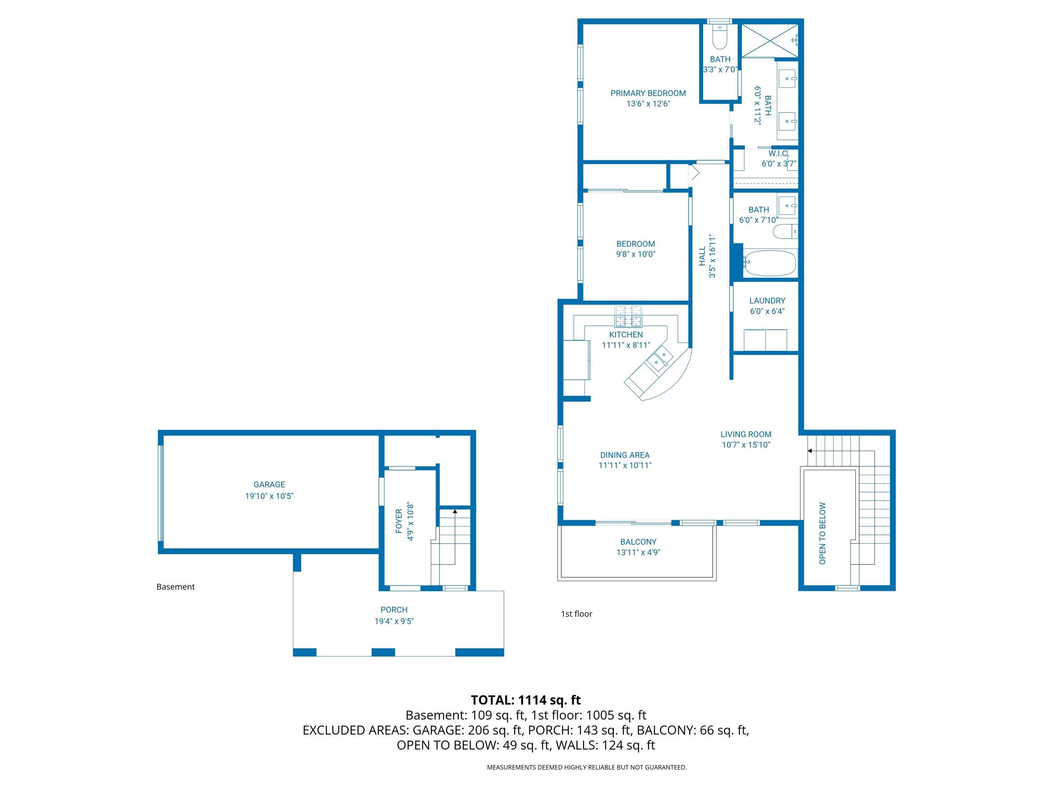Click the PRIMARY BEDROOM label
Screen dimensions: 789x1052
click(x=648, y=93)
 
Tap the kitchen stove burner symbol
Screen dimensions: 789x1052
click(x=628, y=316)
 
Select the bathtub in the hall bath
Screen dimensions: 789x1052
click(x=770, y=263)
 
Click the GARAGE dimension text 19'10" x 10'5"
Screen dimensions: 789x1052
click(x=269, y=496)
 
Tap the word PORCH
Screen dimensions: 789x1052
click(x=394, y=610)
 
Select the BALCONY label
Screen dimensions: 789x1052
click(x=638, y=542)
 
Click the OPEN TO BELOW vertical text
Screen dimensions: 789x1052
click(x=822, y=533)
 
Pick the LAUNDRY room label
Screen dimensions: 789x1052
click(x=767, y=300)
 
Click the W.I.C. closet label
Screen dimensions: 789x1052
click(x=778, y=154)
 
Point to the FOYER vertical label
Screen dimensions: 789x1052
click(x=399, y=521)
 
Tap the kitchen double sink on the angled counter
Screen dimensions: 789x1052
click(x=660, y=358)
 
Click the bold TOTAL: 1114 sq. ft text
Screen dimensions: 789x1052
click(x=526, y=700)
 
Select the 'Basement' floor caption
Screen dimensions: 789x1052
click(x=175, y=587)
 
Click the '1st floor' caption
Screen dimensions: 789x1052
click(x=576, y=614)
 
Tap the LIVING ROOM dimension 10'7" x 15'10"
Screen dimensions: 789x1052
click(x=746, y=445)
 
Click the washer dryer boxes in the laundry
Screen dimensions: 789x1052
click(x=765, y=340)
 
